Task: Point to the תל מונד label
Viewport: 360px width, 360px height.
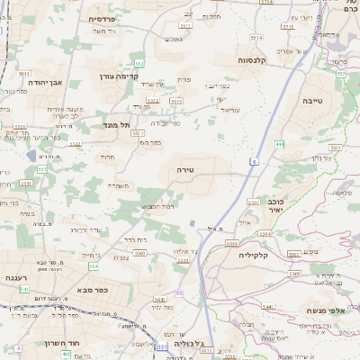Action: [x=117, y=124]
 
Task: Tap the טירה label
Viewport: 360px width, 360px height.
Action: [x=187, y=168]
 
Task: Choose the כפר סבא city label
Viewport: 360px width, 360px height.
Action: [x=93, y=292]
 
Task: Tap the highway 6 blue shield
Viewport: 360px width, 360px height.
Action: [x=254, y=161]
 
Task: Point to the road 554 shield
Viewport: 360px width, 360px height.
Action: [x=140, y=256]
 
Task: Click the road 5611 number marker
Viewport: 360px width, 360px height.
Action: [x=24, y=73]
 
